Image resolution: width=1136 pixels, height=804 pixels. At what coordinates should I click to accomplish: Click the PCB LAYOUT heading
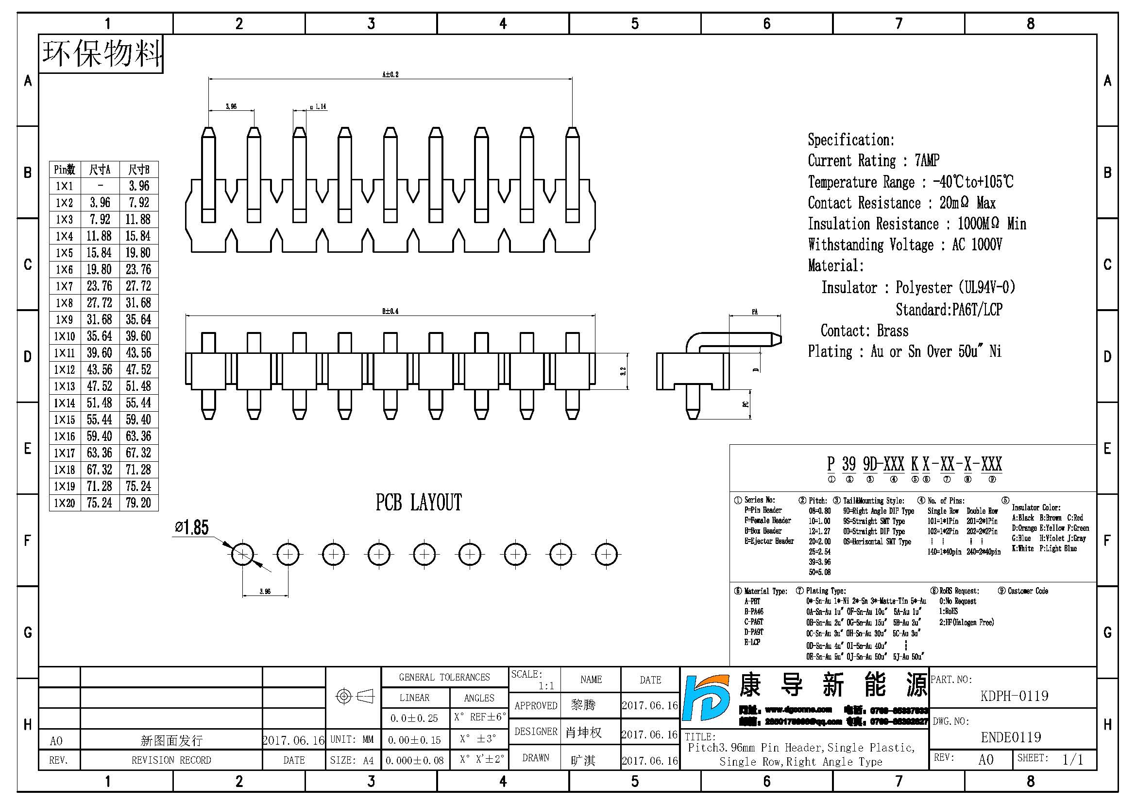[x=419, y=503]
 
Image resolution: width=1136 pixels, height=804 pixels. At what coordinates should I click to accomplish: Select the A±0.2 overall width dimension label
[x=390, y=75]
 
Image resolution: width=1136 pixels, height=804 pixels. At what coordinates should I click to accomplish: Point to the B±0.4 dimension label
[x=390, y=312]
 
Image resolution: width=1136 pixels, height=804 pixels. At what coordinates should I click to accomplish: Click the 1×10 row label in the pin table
[x=64, y=337]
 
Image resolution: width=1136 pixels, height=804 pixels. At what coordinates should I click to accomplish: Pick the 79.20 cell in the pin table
[x=138, y=503]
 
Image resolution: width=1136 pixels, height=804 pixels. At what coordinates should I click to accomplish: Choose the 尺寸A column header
[x=100, y=170]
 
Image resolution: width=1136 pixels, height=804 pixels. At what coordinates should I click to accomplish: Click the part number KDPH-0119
[x=1014, y=696]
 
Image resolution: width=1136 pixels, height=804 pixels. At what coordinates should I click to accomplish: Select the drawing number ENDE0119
[x=1011, y=738]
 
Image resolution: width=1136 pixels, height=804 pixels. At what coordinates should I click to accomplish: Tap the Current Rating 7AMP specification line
[x=873, y=160]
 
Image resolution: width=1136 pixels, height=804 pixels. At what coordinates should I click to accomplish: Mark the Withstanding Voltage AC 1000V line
[x=905, y=245]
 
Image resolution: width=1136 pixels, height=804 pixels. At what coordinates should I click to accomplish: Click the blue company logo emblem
[x=706, y=698]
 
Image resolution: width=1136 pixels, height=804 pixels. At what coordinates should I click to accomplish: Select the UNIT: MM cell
[x=352, y=740]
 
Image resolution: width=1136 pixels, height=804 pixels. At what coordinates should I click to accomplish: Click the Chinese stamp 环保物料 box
[x=102, y=53]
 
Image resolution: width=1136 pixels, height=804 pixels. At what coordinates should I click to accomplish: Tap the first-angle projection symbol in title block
[x=355, y=697]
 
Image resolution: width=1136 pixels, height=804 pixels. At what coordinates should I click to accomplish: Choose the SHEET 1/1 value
[x=1073, y=759]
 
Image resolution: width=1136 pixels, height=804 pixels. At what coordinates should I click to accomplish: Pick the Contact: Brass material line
[x=865, y=331]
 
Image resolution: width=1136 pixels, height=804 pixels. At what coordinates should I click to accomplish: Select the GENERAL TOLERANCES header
[x=444, y=677]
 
